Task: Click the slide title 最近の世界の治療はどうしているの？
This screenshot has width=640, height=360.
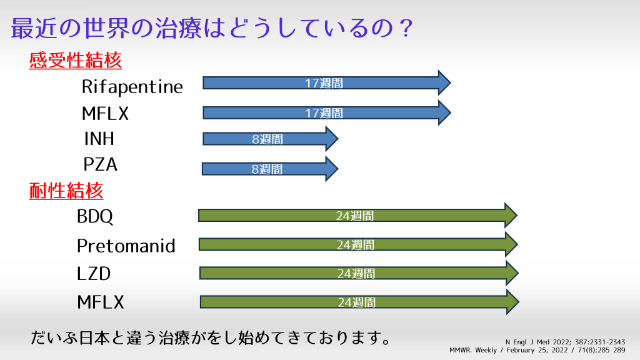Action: click(212, 29)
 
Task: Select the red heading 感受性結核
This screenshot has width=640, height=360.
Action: click(76, 61)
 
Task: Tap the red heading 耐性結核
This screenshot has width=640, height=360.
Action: click(66, 191)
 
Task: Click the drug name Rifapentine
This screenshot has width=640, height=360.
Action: click(132, 87)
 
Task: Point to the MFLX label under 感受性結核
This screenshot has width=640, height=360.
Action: click(105, 114)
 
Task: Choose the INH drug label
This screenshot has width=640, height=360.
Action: click(99, 139)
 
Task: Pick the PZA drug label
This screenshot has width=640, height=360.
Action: click(101, 164)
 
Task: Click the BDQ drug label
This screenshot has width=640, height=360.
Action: click(95, 216)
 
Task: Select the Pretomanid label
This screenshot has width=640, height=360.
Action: click(126, 246)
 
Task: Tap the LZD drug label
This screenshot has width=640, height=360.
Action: click(94, 274)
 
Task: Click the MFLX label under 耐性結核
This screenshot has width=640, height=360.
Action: click(101, 302)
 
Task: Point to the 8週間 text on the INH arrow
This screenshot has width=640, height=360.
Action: click(267, 139)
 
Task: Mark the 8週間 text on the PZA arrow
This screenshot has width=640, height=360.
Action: click(267, 169)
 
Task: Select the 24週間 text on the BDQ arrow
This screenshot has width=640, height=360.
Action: click(355, 216)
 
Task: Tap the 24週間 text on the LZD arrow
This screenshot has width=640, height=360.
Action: click(356, 274)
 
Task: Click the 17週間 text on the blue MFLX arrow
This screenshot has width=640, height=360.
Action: click(324, 113)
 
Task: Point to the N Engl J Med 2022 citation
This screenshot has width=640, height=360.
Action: click(565, 342)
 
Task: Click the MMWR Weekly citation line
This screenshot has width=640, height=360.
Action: click(537, 350)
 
